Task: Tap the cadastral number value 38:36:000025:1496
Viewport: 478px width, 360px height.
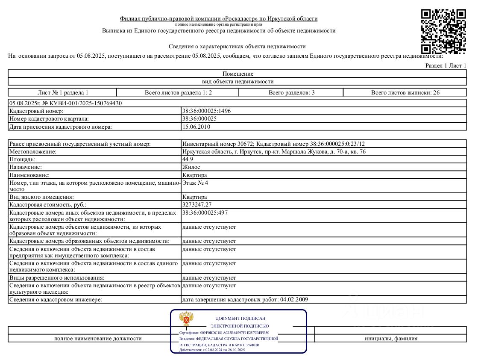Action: click(206, 111)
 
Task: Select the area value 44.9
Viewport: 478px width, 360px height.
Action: click(188, 159)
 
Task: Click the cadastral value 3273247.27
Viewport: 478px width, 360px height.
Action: click(197, 204)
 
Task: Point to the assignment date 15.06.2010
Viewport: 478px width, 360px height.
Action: click(196, 127)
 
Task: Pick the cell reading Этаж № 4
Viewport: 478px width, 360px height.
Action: click(195, 183)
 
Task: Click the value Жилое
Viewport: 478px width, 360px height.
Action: click(191, 167)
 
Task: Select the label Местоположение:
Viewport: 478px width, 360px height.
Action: click(33, 152)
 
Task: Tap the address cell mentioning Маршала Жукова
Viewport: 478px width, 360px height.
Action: click(273, 152)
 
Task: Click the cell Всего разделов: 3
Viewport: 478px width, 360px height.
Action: click(291, 92)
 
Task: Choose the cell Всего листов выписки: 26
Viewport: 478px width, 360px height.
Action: click(405, 92)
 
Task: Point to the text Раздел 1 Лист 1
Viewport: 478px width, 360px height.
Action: click(446, 65)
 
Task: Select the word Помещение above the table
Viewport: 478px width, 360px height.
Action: click(238, 74)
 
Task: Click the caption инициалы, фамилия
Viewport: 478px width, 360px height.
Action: click(391, 339)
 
